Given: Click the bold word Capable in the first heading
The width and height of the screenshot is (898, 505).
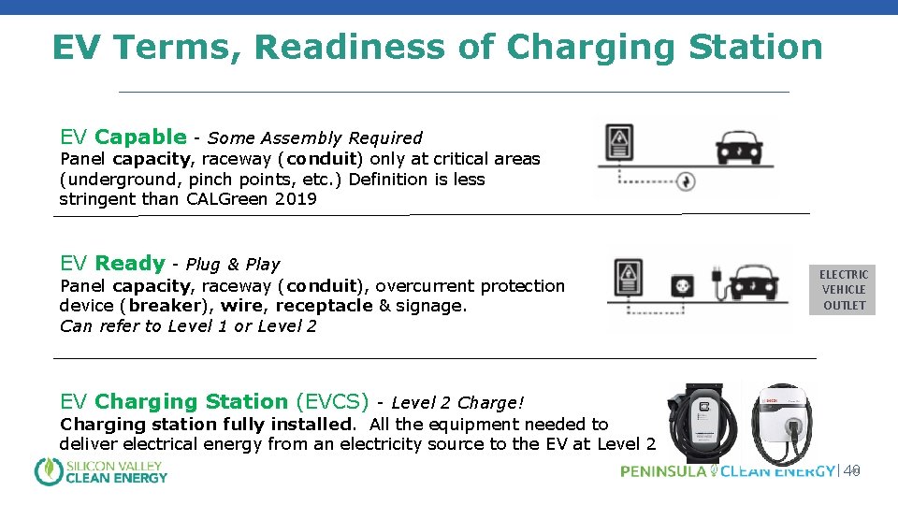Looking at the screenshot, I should [140, 137].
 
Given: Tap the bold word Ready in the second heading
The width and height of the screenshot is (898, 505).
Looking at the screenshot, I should [130, 264].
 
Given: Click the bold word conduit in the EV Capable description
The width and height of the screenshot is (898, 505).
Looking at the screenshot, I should [321, 159].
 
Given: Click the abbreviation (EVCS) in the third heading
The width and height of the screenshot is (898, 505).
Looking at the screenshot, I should [332, 402].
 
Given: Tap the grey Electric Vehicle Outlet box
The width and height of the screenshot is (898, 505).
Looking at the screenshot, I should [844, 290].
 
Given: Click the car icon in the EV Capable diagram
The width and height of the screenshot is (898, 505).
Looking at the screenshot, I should [745, 147].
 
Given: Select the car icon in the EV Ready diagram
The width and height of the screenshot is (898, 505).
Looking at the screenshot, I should [760, 283].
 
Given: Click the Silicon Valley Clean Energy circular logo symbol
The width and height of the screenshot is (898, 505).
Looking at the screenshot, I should [48, 471].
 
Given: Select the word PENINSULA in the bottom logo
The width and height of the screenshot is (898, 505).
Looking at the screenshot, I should [663, 471].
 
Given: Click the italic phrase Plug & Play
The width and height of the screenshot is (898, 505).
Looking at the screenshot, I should [233, 265].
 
